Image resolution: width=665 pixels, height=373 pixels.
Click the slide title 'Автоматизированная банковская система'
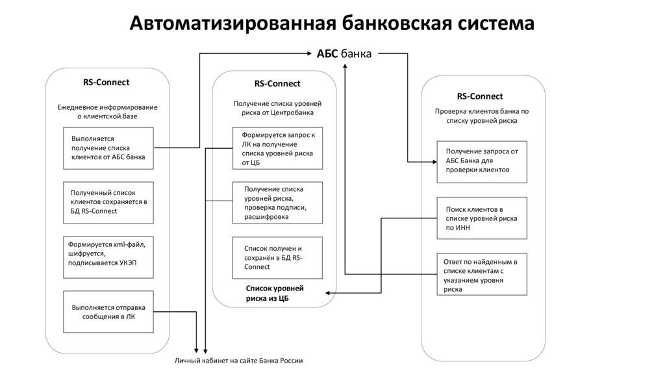332,23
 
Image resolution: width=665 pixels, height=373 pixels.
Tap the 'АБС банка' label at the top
344,54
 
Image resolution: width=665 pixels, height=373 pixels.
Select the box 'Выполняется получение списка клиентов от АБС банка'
108,148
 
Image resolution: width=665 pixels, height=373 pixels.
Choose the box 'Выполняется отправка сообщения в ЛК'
108,312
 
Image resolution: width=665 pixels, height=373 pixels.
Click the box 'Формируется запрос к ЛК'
278,148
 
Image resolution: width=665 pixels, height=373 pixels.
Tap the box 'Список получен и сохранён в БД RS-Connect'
278,257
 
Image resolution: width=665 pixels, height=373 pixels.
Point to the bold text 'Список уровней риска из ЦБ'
275,293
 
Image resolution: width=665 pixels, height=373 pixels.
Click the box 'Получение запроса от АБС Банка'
481,161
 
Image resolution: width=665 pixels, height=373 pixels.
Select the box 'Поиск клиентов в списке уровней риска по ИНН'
481,218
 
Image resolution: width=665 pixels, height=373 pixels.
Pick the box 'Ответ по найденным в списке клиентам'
481,275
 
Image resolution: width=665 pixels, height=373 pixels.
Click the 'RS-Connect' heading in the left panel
106,82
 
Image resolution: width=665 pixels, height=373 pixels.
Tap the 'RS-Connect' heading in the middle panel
277,84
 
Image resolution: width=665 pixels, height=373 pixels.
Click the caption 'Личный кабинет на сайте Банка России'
238,361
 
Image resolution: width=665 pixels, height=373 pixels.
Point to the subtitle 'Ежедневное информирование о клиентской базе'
107,111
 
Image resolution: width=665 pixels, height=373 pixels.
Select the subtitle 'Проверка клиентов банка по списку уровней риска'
481,116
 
